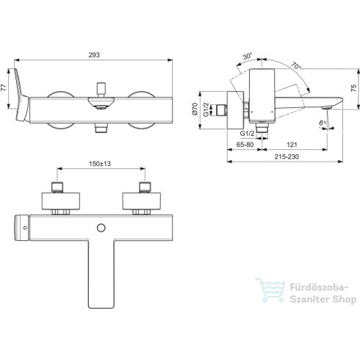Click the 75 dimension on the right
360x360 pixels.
click(x=353, y=87)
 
